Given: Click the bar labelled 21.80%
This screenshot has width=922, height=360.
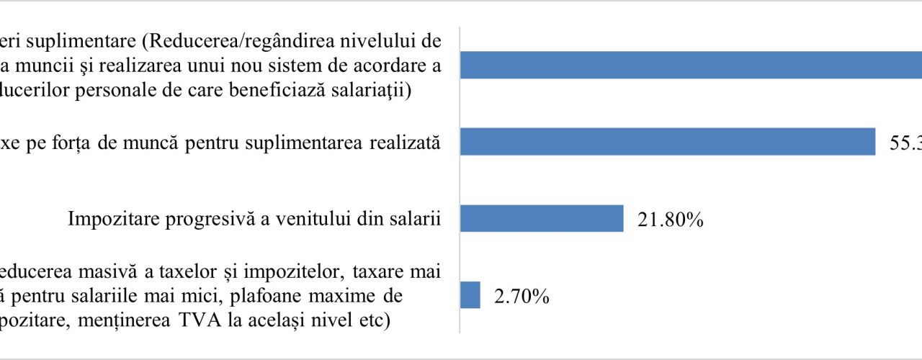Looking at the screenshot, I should click(542, 218).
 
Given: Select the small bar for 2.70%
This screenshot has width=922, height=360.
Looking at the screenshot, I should click(470, 294).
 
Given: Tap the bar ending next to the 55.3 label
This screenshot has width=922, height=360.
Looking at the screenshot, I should click(667, 141).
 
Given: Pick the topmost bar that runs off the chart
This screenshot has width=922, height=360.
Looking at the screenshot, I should click(690, 65).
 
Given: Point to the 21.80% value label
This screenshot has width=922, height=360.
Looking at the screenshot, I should click(670, 220).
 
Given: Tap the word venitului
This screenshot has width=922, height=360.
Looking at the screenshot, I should click(286, 220).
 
